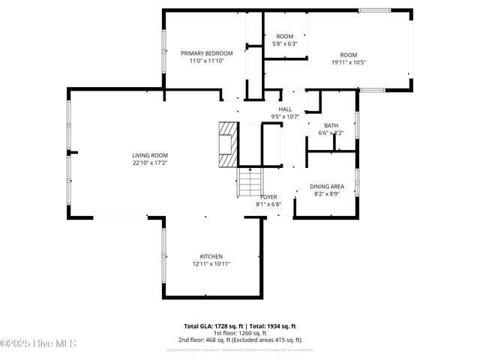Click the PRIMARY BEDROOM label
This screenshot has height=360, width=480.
207,53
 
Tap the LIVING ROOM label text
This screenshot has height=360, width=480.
150,154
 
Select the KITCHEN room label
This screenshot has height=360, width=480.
211,256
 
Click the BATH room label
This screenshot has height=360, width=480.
331,125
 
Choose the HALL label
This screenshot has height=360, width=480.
285,109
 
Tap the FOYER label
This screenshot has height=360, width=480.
268,197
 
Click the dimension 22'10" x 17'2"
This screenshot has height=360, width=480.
150,163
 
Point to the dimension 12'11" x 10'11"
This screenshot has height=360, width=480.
211,264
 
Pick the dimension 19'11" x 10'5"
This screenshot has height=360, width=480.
349,62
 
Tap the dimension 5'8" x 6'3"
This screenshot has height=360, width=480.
285,44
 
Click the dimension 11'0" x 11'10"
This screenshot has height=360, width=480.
207,61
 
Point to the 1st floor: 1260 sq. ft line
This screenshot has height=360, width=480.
240,333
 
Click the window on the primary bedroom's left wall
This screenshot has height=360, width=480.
164,52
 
